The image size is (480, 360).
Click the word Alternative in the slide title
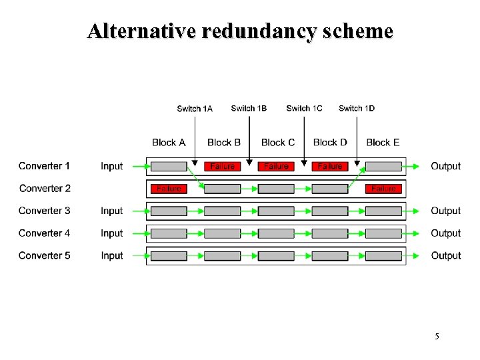click(140, 31)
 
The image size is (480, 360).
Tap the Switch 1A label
click(195, 109)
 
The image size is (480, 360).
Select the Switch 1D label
click(357, 109)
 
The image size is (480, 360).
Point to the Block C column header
click(278, 142)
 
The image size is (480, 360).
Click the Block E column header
click(383, 142)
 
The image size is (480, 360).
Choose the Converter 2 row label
click(45, 189)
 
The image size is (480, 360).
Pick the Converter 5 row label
click(45, 255)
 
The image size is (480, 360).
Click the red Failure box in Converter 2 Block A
click(169, 189)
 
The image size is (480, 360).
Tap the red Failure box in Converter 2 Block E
click(383, 189)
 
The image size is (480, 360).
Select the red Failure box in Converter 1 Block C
click(276, 166)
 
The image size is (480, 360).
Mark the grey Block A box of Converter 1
click(169, 166)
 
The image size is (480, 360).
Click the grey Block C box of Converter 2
click(276, 189)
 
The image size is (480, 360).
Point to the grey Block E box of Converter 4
click(383, 233)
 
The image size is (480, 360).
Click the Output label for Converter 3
click(445, 211)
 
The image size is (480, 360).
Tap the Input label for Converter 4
click(112, 233)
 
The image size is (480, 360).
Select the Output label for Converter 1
click(445, 166)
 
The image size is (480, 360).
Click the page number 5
click(437, 337)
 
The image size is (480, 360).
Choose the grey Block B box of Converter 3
click(222, 211)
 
